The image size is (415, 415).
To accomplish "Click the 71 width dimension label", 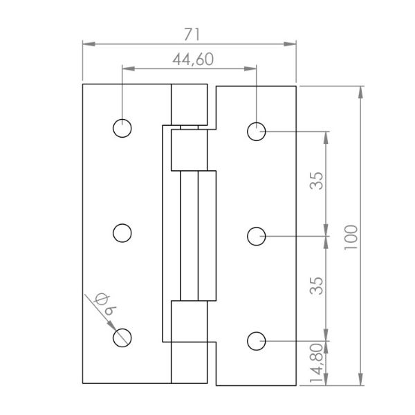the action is coord(192,35).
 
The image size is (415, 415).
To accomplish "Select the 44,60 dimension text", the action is coord(193,59).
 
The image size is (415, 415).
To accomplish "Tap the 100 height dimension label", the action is coord(351,237).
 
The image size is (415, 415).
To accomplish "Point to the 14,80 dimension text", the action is coord(317,363).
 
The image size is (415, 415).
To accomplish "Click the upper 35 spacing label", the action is coord(317,181).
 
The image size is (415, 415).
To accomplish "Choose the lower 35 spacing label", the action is coord(317,286).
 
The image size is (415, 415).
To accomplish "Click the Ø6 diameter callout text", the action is coord(105,304).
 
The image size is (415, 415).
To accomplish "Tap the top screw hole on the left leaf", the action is coord(122,129).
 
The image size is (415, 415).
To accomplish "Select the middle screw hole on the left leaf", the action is coord(122,233).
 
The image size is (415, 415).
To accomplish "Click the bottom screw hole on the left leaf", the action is coord(122,338).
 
